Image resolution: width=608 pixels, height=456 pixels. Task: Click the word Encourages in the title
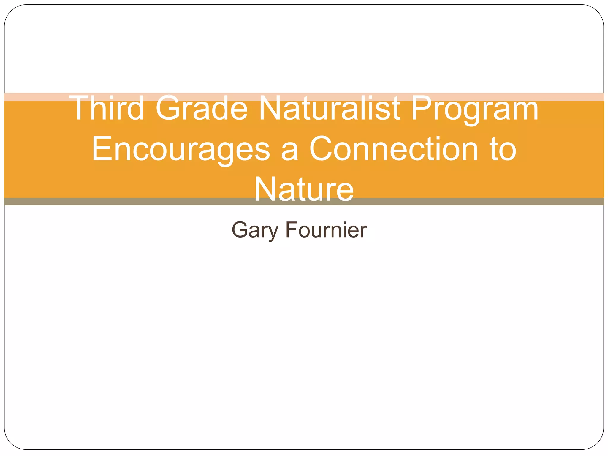tap(181, 149)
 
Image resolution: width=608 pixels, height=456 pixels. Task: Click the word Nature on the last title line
tap(304, 189)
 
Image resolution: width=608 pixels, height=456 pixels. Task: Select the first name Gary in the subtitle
tap(255, 230)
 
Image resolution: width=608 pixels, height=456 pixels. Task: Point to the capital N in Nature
tap(266, 189)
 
